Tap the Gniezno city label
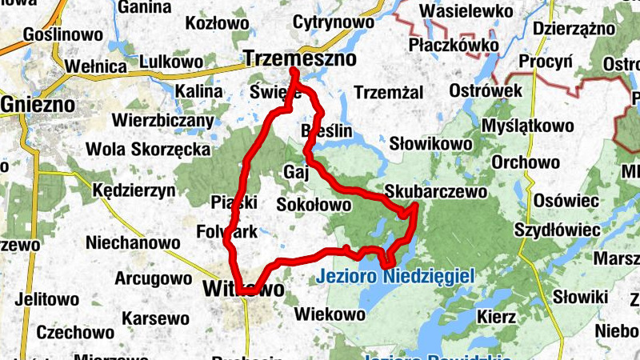38,105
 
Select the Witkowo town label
243,289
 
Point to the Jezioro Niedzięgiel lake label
395,277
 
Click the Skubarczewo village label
435,192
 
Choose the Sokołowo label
314,206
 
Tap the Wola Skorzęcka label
148,150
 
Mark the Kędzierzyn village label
134,191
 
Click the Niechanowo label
133,242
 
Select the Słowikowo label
430,144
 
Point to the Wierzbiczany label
163,122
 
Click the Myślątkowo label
527,126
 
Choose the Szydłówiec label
557,230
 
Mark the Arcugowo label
154,279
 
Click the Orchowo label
526,162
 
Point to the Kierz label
496,317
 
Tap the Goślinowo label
63,35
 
